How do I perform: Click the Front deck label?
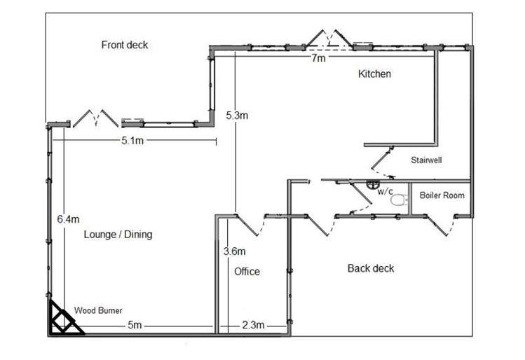(x=125, y=45)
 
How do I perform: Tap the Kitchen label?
(x=374, y=74)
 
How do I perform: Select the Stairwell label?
(x=426, y=160)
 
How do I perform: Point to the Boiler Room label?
(x=442, y=195)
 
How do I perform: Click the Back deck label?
(x=371, y=268)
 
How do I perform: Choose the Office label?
(x=247, y=271)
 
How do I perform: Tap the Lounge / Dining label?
(x=118, y=234)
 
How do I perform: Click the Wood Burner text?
(x=98, y=310)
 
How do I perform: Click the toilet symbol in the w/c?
(x=400, y=200)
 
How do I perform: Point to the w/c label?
(x=385, y=191)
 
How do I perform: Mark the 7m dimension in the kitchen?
(x=318, y=58)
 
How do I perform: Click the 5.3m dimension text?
(x=237, y=116)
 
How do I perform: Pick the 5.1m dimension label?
(x=132, y=141)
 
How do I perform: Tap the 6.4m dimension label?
(x=68, y=219)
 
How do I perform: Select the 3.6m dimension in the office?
(x=235, y=251)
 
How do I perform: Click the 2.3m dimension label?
(x=254, y=325)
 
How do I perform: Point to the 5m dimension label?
(x=135, y=325)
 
